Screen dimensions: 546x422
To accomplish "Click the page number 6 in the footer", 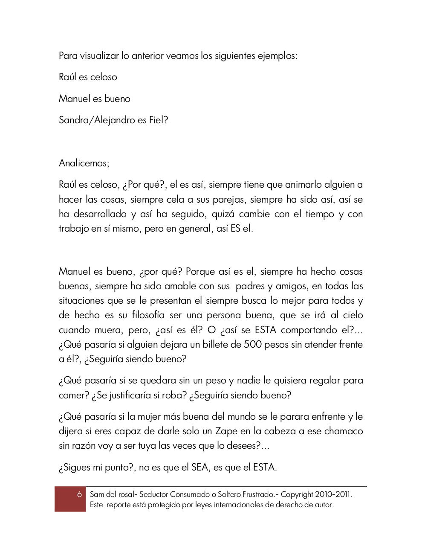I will click(x=79, y=494).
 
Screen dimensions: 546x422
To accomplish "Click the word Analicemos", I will click(x=84, y=163).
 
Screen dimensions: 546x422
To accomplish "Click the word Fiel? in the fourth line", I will click(x=159, y=120).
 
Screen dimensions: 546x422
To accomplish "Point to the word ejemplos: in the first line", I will click(x=277, y=56).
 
